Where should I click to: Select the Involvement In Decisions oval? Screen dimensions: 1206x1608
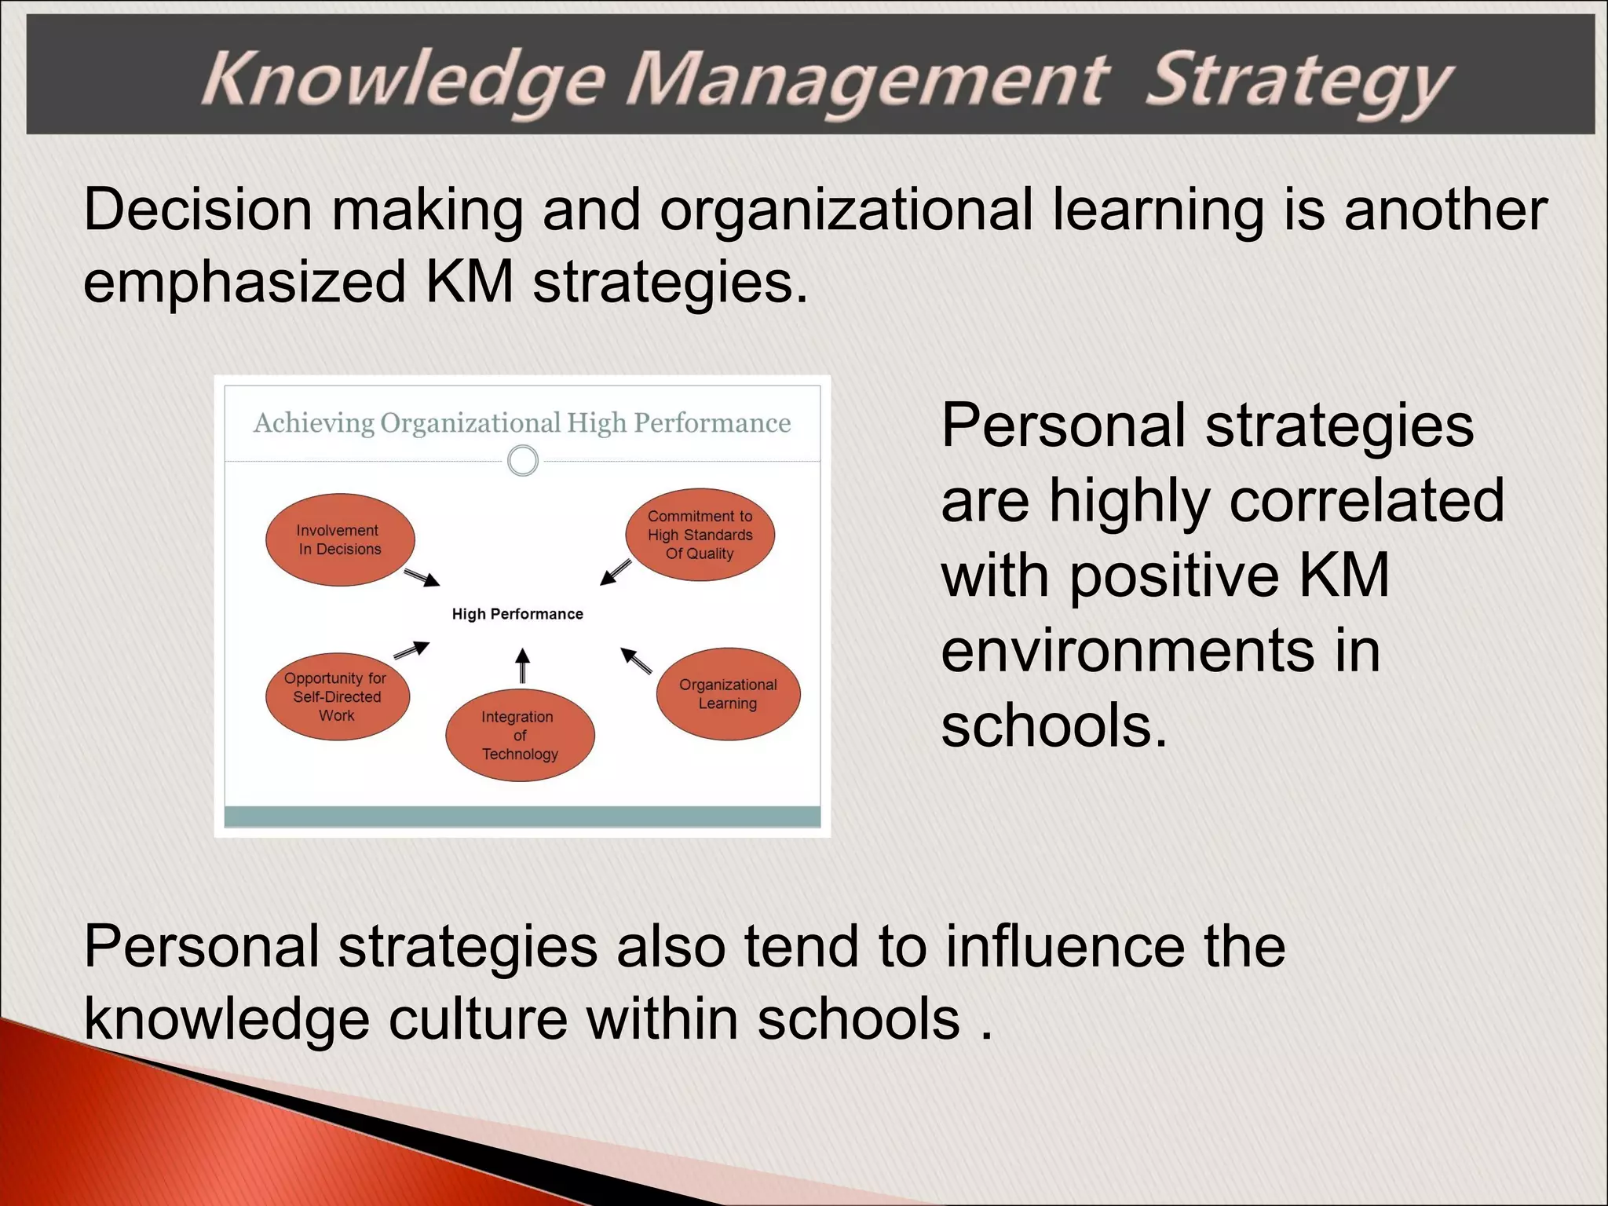tap(339, 539)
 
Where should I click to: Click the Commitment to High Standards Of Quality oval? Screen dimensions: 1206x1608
tap(700, 535)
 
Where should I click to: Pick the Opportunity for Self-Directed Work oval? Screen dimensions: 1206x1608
tap(337, 696)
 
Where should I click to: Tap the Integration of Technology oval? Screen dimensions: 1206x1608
tap(519, 735)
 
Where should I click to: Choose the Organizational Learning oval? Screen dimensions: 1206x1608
tap(728, 694)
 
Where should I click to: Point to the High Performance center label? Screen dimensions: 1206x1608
tap(517, 614)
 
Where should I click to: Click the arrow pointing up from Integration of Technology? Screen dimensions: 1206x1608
tap(522, 666)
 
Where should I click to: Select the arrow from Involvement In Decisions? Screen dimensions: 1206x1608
tap(422, 578)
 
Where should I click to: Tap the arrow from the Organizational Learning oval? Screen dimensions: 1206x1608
tap(636, 660)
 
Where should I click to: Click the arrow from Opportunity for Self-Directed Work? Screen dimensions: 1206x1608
tap(411, 649)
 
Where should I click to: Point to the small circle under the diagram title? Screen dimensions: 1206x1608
tap(523, 461)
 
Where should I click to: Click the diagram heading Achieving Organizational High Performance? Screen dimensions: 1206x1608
tap(521, 423)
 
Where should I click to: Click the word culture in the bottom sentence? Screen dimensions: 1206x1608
tap(477, 1019)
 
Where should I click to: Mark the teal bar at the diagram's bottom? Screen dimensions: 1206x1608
tap(522, 816)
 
